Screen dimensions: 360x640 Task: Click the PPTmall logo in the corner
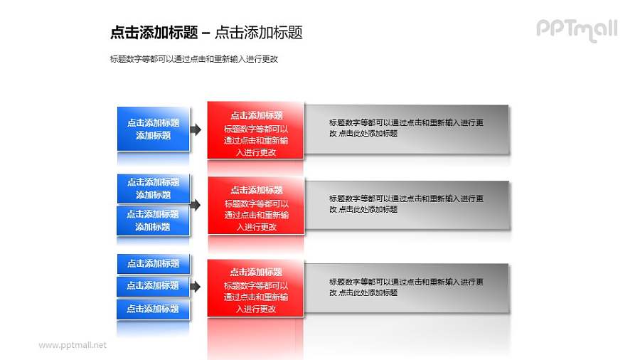576,29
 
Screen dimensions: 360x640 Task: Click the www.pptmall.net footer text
73,345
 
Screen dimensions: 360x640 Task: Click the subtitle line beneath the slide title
194,59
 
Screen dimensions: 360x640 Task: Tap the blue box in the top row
154,129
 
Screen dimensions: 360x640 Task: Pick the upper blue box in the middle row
154,188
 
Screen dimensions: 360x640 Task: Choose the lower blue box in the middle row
154,220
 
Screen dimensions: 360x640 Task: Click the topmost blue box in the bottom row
154,263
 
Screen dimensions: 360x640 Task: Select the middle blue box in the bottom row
154,285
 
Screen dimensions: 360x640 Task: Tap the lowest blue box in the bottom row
154,309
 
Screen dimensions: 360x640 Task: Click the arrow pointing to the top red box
196,129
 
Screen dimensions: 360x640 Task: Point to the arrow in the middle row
196,204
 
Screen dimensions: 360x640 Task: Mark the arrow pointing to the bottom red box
196,286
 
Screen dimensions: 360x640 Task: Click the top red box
256,130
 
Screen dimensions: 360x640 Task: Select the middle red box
256,206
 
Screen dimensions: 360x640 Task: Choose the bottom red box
256,288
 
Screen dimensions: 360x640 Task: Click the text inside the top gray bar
406,128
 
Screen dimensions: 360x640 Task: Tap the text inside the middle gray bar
406,204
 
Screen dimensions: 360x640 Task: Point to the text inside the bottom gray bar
406,287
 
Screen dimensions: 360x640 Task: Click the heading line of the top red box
256,115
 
